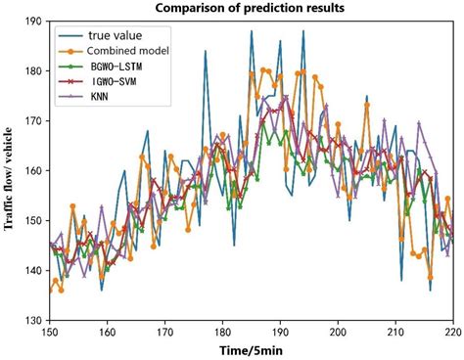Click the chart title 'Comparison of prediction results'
[x=250, y=8]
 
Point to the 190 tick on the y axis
[x=31, y=21]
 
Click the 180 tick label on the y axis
[x=31, y=70]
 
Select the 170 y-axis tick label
[x=31, y=120]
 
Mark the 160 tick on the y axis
[x=31, y=170]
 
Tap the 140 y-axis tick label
[x=31, y=270]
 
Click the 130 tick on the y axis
[x=31, y=320]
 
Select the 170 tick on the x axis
[x=163, y=332]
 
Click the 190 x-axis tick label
[x=280, y=332]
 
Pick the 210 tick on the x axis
[x=395, y=332]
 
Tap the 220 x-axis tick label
[x=452, y=332]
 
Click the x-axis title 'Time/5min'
[x=251, y=350]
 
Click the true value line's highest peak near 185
[x=252, y=31]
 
